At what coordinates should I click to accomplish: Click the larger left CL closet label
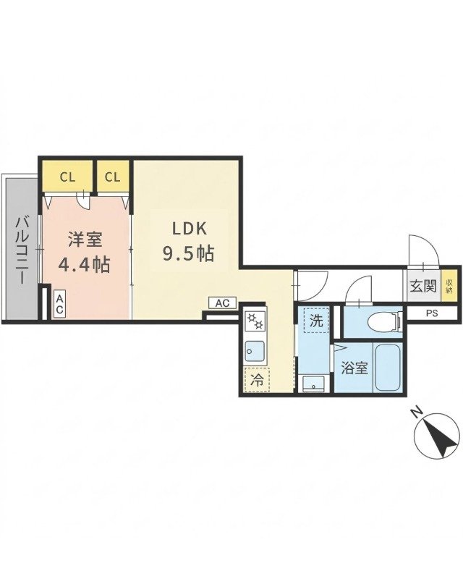(x=67, y=176)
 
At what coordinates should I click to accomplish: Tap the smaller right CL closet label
(x=112, y=176)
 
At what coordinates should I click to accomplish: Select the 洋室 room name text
(x=84, y=240)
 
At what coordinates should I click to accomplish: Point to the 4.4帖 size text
(x=84, y=264)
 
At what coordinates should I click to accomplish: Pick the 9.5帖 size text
(x=187, y=254)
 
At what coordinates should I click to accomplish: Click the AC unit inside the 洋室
(x=59, y=303)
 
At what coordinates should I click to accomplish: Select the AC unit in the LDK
(x=222, y=303)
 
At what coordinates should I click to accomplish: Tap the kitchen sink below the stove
(x=255, y=352)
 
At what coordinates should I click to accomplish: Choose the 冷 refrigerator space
(x=257, y=378)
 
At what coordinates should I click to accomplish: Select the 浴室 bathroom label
(x=354, y=368)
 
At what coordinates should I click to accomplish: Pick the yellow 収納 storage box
(x=449, y=284)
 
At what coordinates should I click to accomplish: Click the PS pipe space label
(x=432, y=313)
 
